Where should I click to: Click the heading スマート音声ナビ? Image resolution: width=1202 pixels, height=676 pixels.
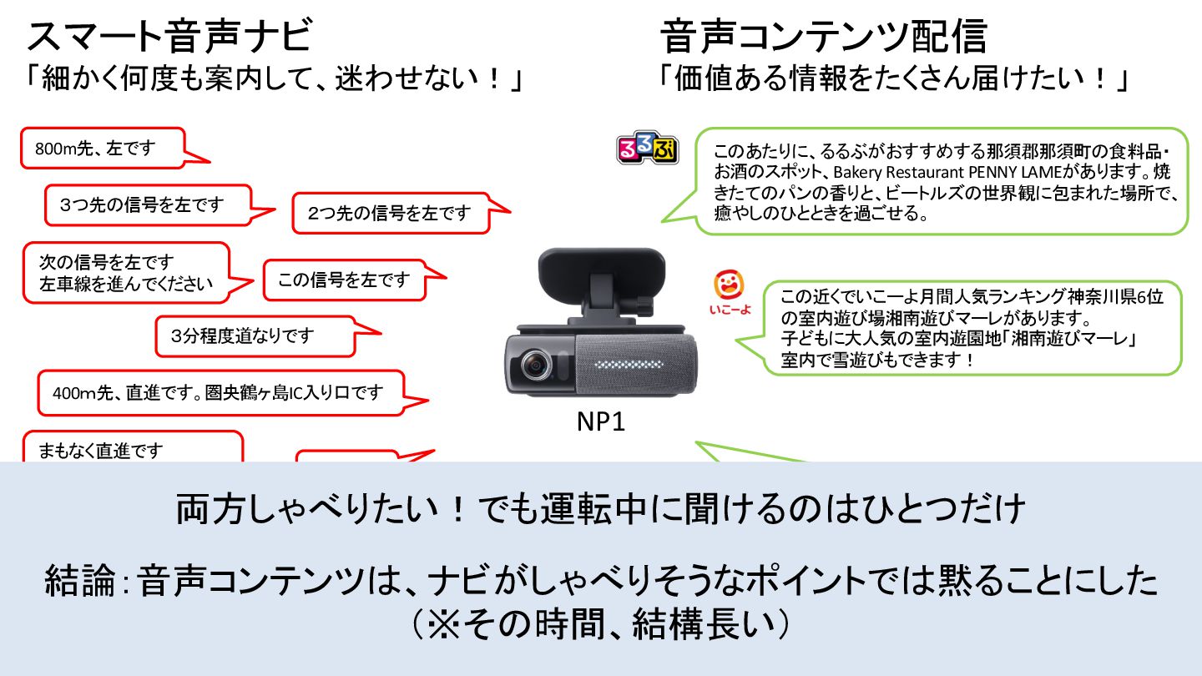tap(169, 38)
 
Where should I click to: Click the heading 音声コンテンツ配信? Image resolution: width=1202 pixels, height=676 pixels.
tap(824, 38)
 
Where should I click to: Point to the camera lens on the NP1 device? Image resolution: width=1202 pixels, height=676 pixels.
tap(534, 366)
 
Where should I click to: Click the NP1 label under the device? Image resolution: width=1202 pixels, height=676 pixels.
tap(601, 422)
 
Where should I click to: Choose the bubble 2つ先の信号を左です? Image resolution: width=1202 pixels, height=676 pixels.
tap(389, 213)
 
